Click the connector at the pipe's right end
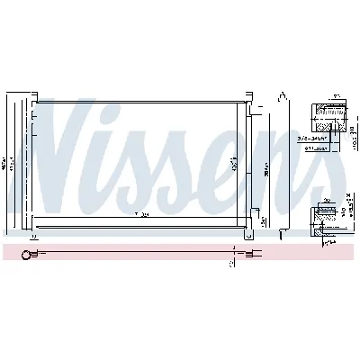click(x=255, y=255)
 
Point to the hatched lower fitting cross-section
click(x=327, y=217)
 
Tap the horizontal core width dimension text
click(x=140, y=215)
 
